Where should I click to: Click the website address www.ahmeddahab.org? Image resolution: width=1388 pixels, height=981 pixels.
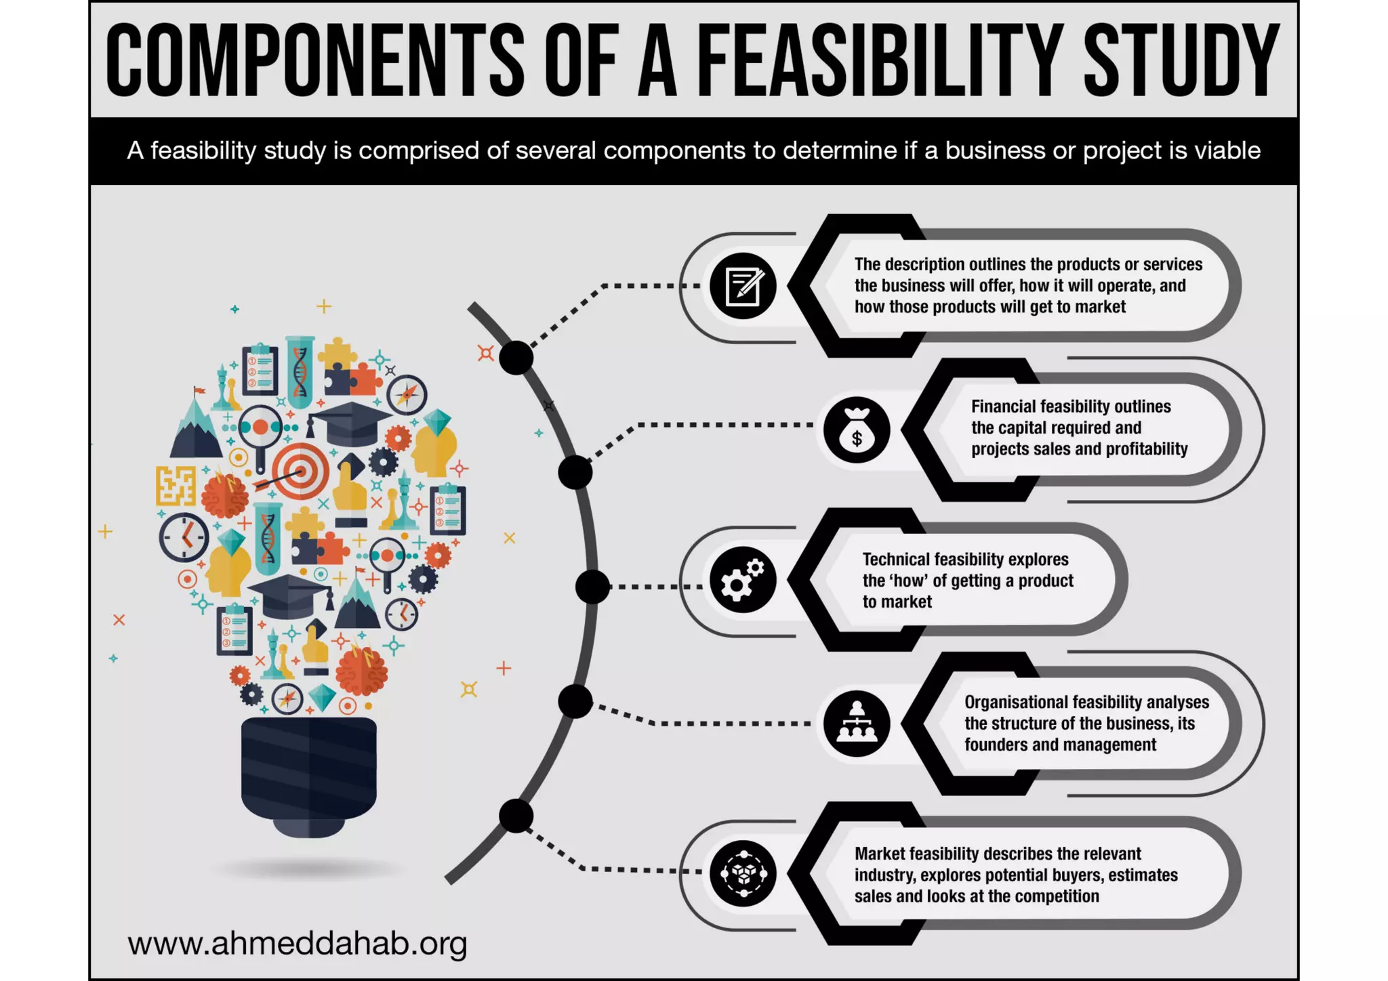[297, 943]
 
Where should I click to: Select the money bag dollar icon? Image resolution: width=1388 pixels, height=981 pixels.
[857, 430]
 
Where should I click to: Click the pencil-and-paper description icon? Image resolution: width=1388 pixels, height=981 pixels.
[743, 286]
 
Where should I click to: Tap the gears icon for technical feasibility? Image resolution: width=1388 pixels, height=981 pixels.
[743, 580]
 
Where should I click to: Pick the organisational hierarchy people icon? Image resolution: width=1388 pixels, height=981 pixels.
[857, 724]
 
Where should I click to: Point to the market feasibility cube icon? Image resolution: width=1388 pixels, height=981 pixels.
[743, 874]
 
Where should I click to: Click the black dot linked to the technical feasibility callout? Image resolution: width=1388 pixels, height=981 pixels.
[593, 587]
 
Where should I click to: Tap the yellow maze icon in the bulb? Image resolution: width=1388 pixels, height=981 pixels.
[176, 485]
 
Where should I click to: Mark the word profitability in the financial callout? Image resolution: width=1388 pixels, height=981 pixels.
[1145, 449]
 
